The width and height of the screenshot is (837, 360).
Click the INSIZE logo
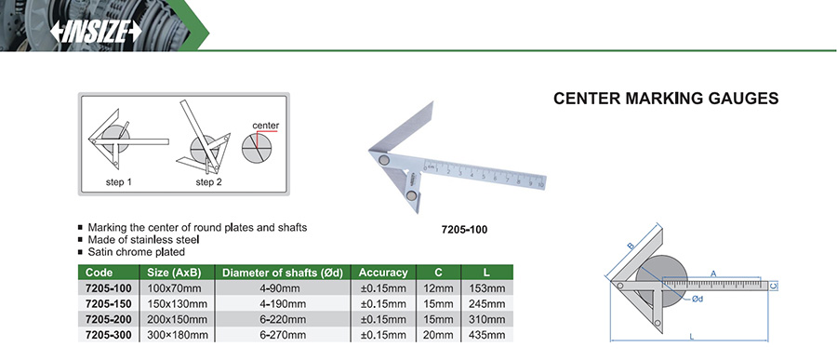pyautogui.click(x=96, y=32)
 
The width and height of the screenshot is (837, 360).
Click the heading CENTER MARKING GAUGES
pyautogui.click(x=666, y=99)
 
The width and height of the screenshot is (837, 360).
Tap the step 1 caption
pyautogui.click(x=118, y=182)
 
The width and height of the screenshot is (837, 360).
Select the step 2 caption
pyautogui.click(x=208, y=182)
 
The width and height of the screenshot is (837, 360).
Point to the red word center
pyautogui.click(x=265, y=126)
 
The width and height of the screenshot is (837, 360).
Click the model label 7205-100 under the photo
pyautogui.click(x=464, y=230)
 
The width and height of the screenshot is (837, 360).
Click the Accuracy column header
pyautogui.click(x=383, y=273)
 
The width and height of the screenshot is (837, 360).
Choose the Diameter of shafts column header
pyautogui.click(x=283, y=273)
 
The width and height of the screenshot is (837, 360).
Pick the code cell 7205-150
pyautogui.click(x=109, y=304)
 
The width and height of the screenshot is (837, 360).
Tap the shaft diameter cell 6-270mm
pyautogui.click(x=283, y=335)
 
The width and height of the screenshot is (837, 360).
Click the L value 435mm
pyautogui.click(x=486, y=335)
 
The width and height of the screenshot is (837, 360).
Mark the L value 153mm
pyautogui.click(x=486, y=288)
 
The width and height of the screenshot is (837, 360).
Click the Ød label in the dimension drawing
pyautogui.click(x=697, y=300)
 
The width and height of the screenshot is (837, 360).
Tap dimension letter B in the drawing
pyautogui.click(x=631, y=246)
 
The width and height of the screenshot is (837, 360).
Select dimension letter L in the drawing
pyautogui.click(x=691, y=337)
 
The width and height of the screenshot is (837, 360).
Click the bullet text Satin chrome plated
pyautogui.click(x=136, y=251)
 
